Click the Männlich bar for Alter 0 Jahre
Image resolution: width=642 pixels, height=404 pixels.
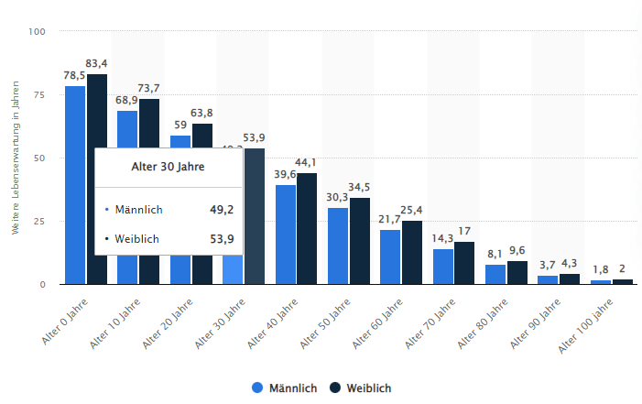(x=75, y=184)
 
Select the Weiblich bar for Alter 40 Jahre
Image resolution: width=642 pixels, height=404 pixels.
(x=307, y=228)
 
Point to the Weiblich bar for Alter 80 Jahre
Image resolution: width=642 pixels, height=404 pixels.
(x=517, y=272)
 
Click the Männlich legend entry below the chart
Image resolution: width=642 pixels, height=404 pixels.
(x=285, y=388)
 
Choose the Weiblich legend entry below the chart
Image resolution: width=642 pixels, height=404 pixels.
(x=361, y=388)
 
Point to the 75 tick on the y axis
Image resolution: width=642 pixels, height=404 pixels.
(x=38, y=94)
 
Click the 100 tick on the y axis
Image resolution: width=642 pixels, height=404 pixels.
(x=36, y=32)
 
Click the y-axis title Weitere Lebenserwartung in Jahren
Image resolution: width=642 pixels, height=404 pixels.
(x=16, y=158)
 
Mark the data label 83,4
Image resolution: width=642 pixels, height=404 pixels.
(x=97, y=63)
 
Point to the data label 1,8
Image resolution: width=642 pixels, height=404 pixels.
(x=601, y=269)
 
